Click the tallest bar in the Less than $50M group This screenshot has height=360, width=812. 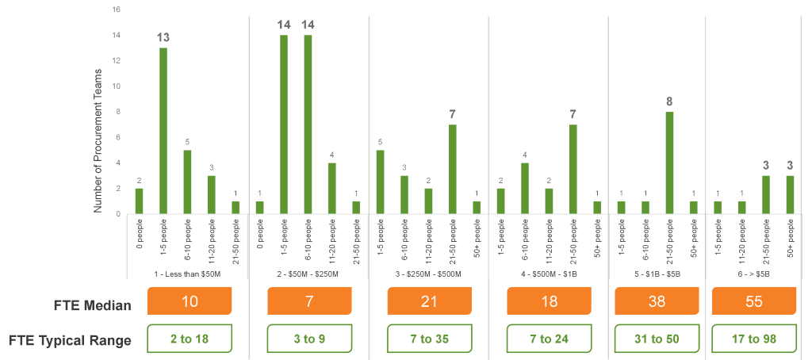click(x=163, y=130)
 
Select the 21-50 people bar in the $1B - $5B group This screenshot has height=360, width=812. click(x=669, y=163)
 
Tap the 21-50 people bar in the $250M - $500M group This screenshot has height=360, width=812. click(x=452, y=169)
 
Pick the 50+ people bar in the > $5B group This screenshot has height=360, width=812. click(x=790, y=194)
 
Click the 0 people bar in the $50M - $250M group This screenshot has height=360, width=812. click(x=259, y=207)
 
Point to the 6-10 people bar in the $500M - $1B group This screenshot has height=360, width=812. click(x=525, y=188)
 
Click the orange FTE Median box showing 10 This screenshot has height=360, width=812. click(x=190, y=301)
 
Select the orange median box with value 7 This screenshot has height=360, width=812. click(x=309, y=301)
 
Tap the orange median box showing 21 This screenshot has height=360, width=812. click(x=429, y=301)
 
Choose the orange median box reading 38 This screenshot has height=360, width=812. click(x=657, y=301)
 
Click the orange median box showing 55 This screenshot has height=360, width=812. click(x=754, y=301)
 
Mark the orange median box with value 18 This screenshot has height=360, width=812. click(x=549, y=301)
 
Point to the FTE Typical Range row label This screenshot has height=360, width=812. click(x=69, y=340)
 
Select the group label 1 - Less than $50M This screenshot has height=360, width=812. click(x=188, y=274)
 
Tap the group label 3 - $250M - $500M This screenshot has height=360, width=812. click(x=429, y=274)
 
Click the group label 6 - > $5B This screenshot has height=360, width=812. click(x=755, y=274)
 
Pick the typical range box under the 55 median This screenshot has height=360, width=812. click(x=754, y=339)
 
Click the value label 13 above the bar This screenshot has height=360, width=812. click(x=163, y=38)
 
